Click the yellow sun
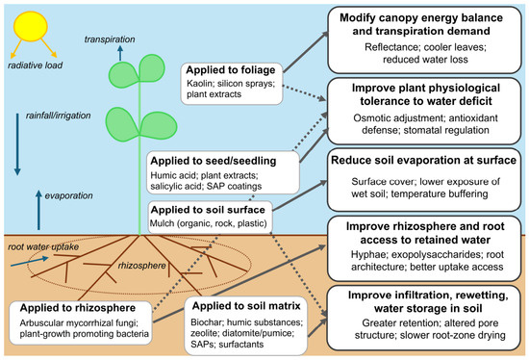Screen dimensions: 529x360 pos(31,27)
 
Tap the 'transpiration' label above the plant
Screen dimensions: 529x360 pos(110,39)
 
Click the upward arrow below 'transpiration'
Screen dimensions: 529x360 pos(120,53)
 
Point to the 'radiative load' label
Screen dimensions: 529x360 pos(35,65)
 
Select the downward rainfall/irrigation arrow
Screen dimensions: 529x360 pos(17,144)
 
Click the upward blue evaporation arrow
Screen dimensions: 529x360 pos(38,210)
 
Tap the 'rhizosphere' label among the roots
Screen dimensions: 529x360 pos(141,266)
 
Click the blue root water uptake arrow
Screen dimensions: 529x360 pos(30,262)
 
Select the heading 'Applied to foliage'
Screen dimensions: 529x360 pos(231,70)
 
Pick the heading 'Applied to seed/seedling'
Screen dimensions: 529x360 pos(214,161)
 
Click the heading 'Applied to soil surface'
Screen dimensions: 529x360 pos(208,210)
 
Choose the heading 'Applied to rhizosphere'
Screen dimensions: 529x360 pos(78,308)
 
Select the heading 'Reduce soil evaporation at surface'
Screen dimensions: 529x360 pos(424,160)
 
